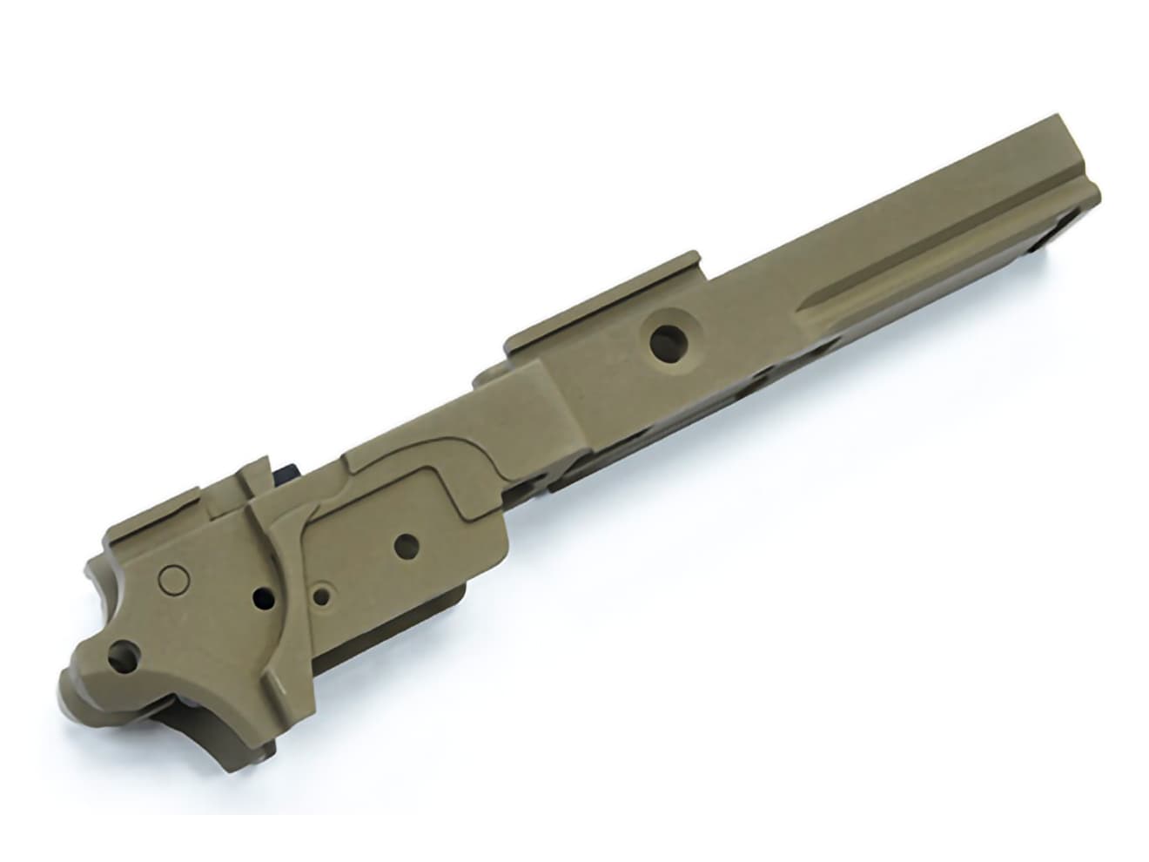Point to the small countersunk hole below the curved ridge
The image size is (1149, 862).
324,596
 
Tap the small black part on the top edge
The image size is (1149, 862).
287,471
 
